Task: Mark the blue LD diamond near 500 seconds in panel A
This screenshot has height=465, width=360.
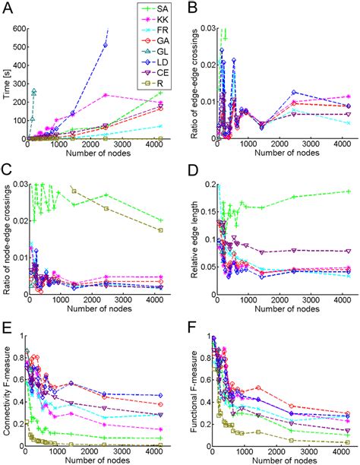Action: (x=106, y=46)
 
